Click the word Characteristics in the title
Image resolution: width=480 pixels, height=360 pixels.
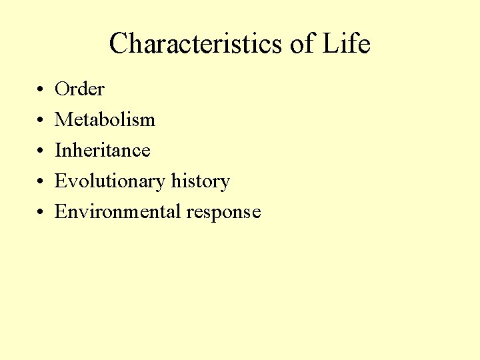pyautogui.click(x=196, y=44)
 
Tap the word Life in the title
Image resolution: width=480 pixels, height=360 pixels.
pyautogui.click(x=346, y=44)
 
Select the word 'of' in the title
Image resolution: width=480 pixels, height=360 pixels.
pyautogui.click(x=301, y=44)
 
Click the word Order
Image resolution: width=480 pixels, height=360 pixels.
pyautogui.click(x=79, y=89)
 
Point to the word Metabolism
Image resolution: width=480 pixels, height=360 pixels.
pyautogui.click(x=105, y=119)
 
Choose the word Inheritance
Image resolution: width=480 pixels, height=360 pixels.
pyautogui.click(x=103, y=150)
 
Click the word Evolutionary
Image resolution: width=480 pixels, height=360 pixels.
pyautogui.click(x=110, y=181)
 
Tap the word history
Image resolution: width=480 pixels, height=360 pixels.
pyautogui.click(x=201, y=181)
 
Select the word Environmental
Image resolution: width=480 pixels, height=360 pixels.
pyautogui.click(x=118, y=212)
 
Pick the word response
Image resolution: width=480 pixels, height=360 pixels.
pyautogui.click(x=223, y=213)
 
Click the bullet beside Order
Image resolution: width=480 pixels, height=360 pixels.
pyautogui.click(x=41, y=89)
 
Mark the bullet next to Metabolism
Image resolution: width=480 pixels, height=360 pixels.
pyautogui.click(x=41, y=120)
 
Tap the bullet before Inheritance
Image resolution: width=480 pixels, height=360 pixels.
pyautogui.click(x=41, y=151)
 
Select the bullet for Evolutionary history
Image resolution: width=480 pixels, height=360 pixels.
pyautogui.click(x=41, y=181)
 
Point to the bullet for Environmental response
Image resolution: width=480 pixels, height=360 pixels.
pyautogui.click(x=41, y=212)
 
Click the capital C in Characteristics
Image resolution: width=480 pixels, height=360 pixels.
pyautogui.click(x=119, y=44)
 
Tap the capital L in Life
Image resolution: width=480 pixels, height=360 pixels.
pyautogui.click(x=331, y=44)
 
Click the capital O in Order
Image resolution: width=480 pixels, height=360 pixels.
pyautogui.click(x=63, y=89)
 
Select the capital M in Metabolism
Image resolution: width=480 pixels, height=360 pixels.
pyautogui.click(x=64, y=119)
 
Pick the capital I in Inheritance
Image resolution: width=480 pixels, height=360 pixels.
pyautogui.click(x=58, y=150)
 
